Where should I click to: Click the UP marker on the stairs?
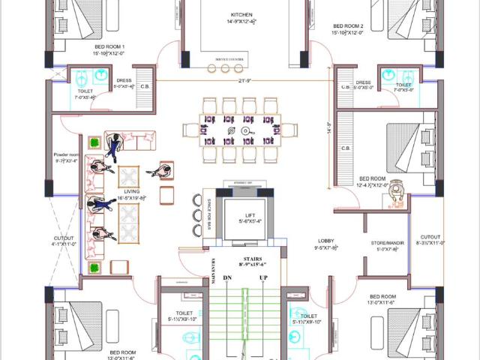(263, 277)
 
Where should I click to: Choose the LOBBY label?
(325, 241)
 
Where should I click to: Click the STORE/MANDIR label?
(387, 242)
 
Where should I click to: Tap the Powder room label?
(66, 155)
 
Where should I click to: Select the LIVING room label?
(132, 191)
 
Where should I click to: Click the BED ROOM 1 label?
(109, 46)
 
